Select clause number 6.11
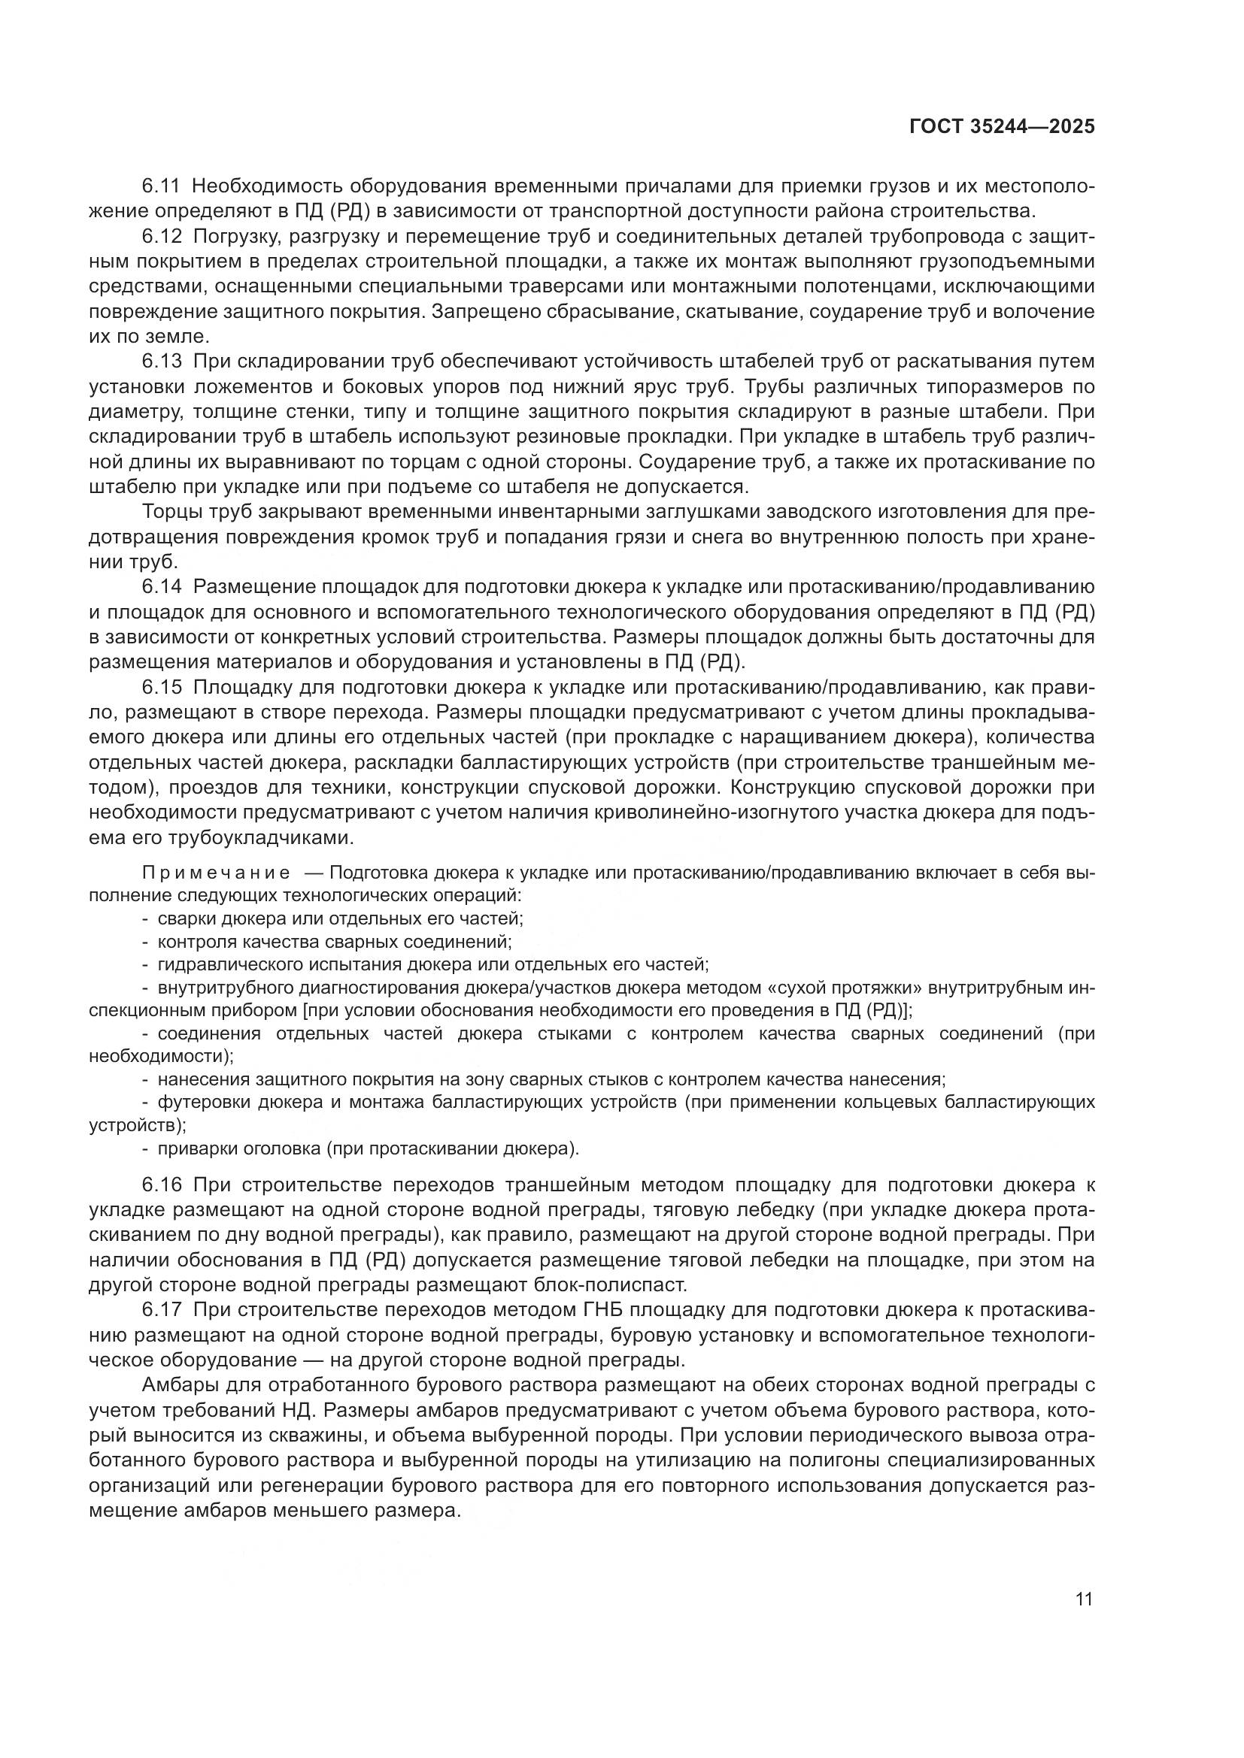click(x=160, y=186)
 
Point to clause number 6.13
click(x=160, y=362)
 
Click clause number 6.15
click(x=161, y=688)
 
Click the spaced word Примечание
click(x=215, y=873)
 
